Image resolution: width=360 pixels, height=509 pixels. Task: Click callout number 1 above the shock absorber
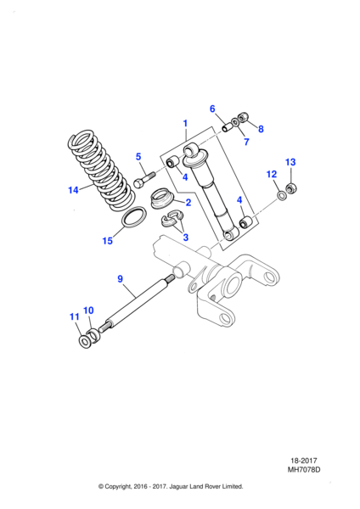(185, 124)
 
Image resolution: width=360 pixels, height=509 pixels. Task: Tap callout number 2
(188, 204)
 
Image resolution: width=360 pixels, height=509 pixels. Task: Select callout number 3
(187, 238)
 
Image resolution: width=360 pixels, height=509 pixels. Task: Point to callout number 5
(138, 156)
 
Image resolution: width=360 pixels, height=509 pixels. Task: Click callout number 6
(213, 109)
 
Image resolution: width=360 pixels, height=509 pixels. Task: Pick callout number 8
(261, 129)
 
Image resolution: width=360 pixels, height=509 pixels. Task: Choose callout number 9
(120, 278)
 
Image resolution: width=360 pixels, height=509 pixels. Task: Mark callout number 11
(73, 317)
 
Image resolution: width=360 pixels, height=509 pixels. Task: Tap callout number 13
(290, 161)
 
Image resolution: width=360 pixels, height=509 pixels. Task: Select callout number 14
(74, 190)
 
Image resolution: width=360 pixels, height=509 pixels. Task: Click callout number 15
(108, 241)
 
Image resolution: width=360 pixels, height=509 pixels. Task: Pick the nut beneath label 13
(291, 188)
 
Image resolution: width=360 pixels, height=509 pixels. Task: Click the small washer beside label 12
(280, 197)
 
